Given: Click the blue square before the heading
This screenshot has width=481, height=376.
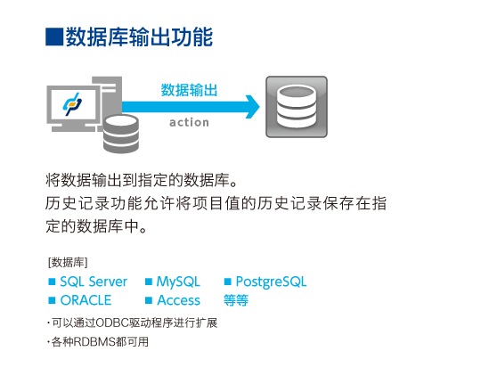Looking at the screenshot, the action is [x=54, y=37].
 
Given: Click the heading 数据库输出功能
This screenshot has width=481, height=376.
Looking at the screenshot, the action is [x=139, y=37].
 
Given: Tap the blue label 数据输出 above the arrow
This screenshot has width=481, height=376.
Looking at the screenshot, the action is [x=189, y=90].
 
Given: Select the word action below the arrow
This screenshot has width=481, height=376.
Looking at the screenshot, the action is [x=189, y=122].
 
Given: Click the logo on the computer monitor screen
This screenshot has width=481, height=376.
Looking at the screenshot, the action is [x=72, y=104].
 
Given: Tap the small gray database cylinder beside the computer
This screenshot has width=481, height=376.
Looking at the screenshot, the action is [x=121, y=134].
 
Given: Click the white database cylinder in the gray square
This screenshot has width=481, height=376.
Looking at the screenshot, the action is [x=297, y=107].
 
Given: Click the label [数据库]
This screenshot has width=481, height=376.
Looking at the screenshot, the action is [x=68, y=263].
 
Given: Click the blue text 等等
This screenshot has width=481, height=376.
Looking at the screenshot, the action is [x=236, y=300].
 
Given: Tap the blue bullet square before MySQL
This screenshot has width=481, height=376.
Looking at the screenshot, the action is [x=149, y=282].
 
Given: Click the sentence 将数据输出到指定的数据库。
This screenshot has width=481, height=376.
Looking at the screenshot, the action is [x=142, y=180].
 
